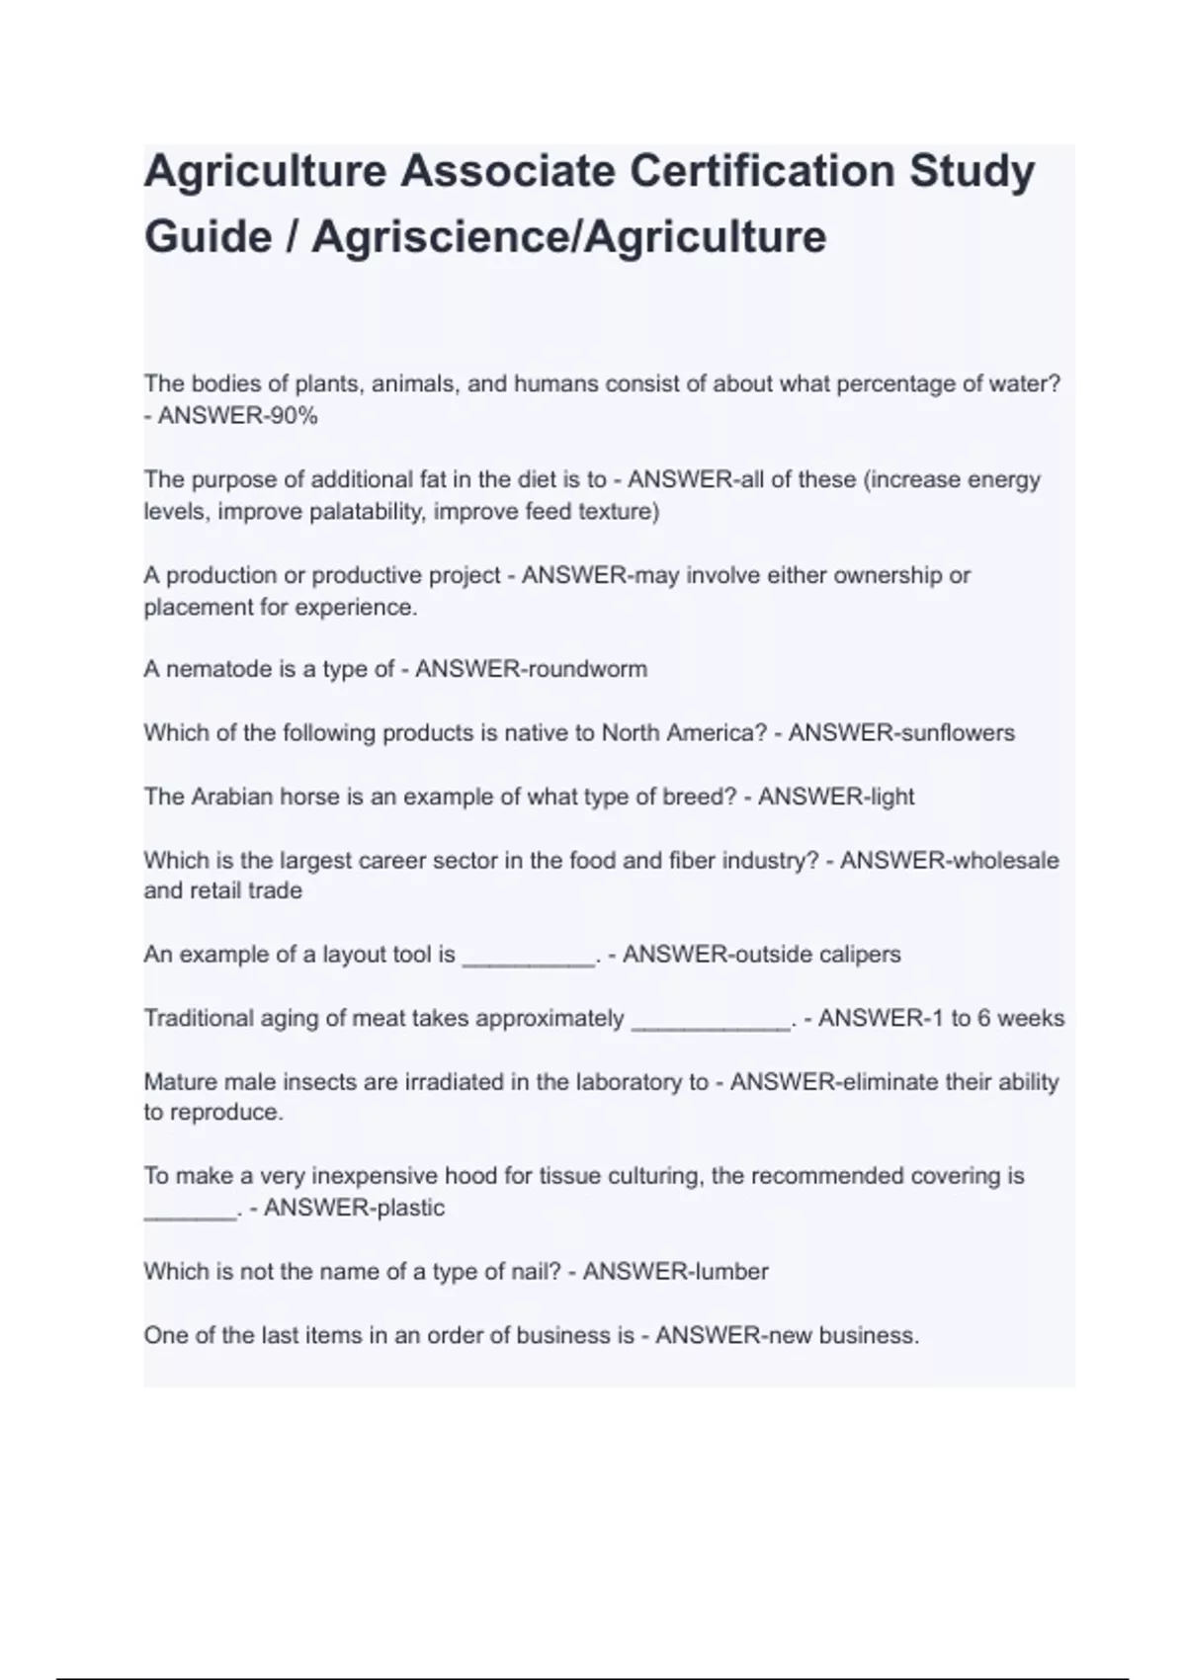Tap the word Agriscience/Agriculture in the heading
click(568, 237)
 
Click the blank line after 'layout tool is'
click(529, 956)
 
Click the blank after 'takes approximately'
click(711, 1020)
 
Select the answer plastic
click(409, 1208)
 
